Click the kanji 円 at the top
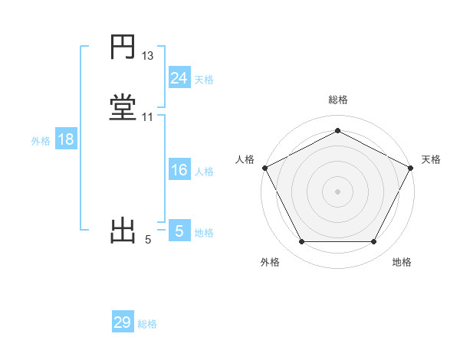pos(123,47)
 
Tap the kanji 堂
pos(123,106)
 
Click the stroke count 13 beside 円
pos(148,56)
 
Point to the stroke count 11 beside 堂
pos(148,116)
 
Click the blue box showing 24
pos(179,77)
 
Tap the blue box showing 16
pos(179,170)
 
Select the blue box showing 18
pos(65,139)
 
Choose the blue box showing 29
pos(122,322)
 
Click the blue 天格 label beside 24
pos(204,79)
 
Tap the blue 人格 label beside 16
pos(204,172)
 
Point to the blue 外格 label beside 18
pos(41,141)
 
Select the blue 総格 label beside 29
pos(147,324)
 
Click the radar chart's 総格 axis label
pos(337,100)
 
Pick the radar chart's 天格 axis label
pos(431,159)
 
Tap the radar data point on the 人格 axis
pos(264,167)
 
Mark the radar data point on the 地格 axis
pos(374,242)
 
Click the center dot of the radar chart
pos(337,191)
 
